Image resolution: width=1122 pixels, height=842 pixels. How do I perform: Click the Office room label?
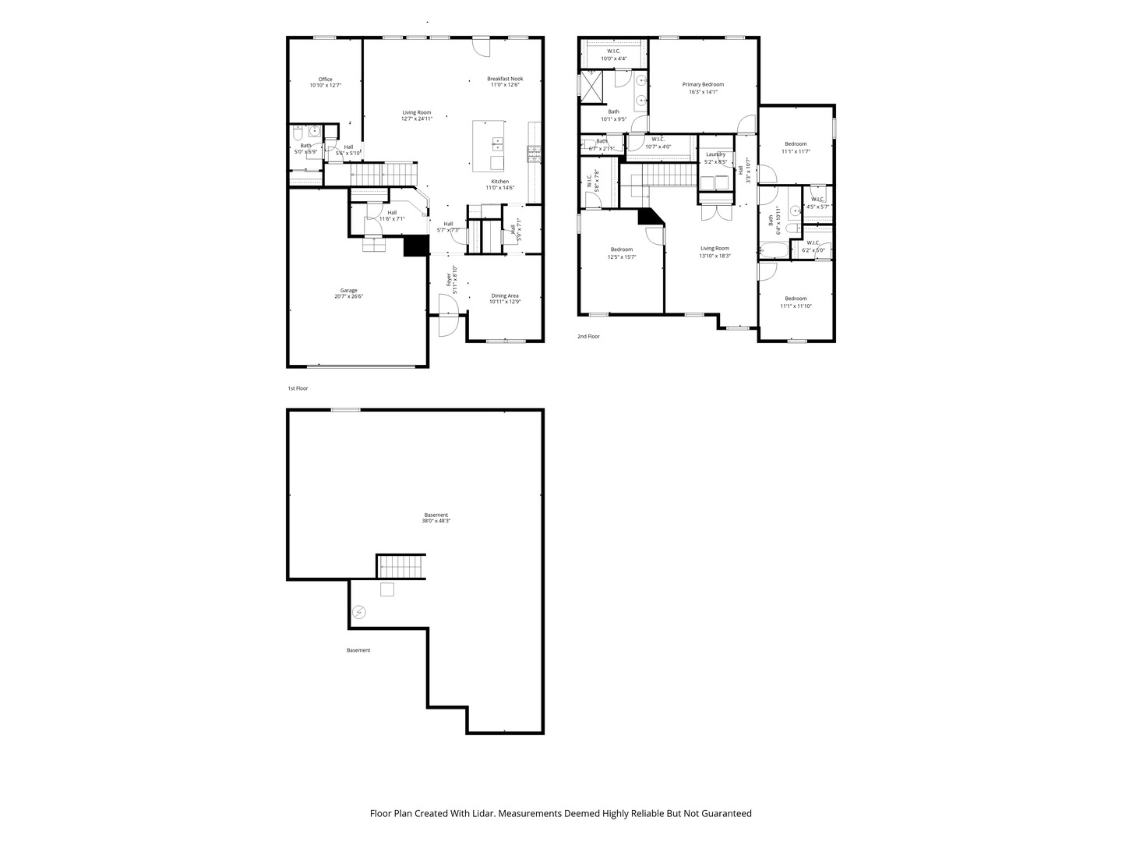(325, 82)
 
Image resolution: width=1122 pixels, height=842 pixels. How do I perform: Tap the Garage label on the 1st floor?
(348, 293)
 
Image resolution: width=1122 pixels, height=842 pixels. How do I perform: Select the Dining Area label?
(504, 299)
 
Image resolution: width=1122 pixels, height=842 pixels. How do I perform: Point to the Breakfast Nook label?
(505, 81)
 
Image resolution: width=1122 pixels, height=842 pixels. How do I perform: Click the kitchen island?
(489, 146)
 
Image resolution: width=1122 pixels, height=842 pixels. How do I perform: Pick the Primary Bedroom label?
(703, 87)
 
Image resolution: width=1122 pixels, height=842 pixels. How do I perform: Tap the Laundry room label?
(715, 157)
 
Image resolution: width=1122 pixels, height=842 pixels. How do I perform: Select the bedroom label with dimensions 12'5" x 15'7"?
(622, 253)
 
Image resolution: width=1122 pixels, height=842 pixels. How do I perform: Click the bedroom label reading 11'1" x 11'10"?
(796, 302)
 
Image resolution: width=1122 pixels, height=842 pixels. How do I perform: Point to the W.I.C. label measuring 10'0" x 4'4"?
(613, 55)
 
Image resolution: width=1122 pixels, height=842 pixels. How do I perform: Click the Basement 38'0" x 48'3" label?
(436, 518)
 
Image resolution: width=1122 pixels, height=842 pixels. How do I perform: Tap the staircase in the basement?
(401, 566)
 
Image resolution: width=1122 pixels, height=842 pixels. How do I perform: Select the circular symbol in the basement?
(358, 612)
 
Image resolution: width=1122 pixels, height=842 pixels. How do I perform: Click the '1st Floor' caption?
(298, 387)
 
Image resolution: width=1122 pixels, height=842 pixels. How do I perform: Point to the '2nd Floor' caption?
(588, 336)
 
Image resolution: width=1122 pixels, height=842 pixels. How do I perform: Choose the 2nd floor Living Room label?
(714, 251)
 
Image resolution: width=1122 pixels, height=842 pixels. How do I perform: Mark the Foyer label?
(451, 280)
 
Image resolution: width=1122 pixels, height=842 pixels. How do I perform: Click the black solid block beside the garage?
(417, 246)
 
